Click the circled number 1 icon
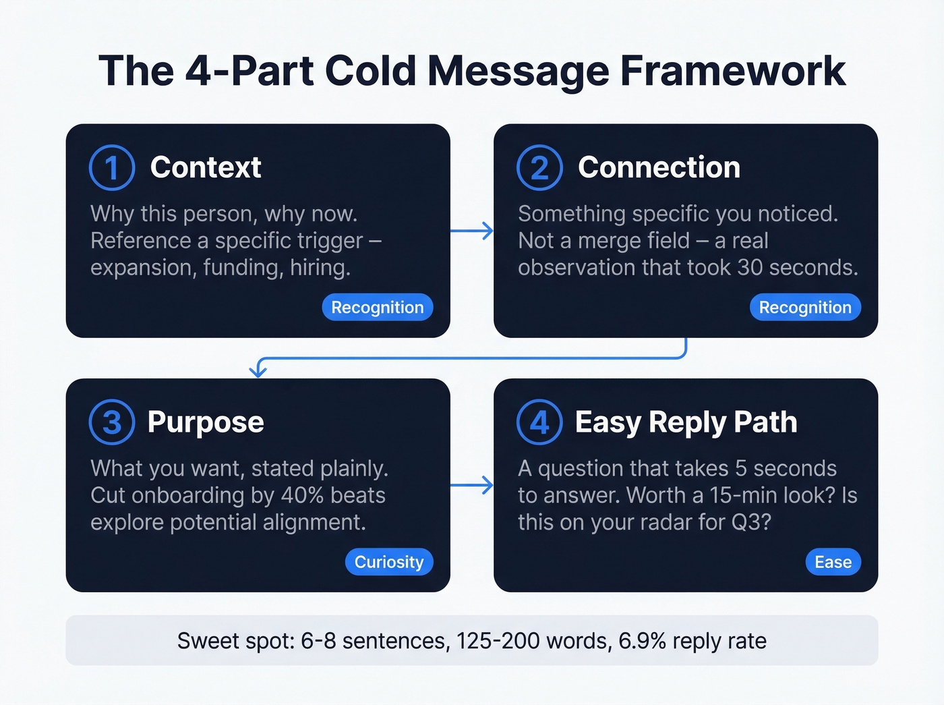pyautogui.click(x=112, y=167)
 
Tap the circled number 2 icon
pyautogui.click(x=539, y=167)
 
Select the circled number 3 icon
pyautogui.click(x=112, y=422)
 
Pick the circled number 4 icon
pyautogui.click(x=539, y=422)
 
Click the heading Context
pyautogui.click(x=205, y=167)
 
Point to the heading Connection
pyautogui.click(x=659, y=167)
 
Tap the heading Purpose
pyautogui.click(x=206, y=422)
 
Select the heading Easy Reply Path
pyautogui.click(x=686, y=422)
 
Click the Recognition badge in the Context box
pyautogui.click(x=377, y=307)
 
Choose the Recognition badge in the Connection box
pyautogui.click(x=805, y=307)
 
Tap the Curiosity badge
pyautogui.click(x=389, y=562)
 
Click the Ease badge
pyautogui.click(x=833, y=562)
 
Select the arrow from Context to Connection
pyautogui.click(x=472, y=231)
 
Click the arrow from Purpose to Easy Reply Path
pyautogui.click(x=472, y=485)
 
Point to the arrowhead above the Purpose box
pyautogui.click(x=258, y=370)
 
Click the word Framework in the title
pyautogui.click(x=732, y=71)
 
